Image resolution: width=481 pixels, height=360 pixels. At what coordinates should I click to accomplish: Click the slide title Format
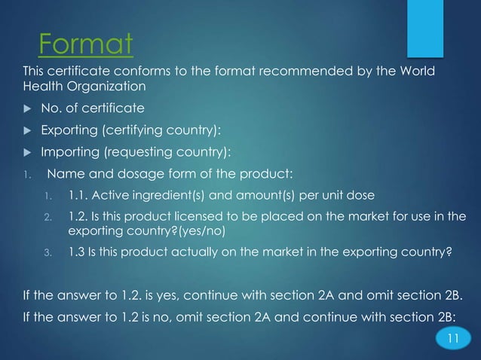point(85,45)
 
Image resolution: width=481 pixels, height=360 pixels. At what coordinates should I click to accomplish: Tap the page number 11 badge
point(452,337)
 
